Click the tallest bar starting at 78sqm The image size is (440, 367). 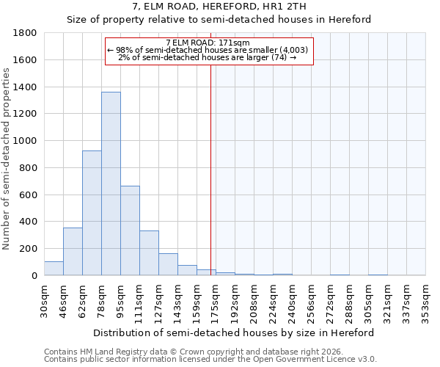(111, 183)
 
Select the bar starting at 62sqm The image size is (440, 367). (92, 213)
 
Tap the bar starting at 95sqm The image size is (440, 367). (130, 230)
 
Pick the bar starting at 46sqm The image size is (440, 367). (73, 251)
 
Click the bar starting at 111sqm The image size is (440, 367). (149, 253)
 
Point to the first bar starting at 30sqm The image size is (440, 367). (54, 268)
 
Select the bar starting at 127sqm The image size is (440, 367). (168, 264)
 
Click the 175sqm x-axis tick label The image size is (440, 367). (216, 299)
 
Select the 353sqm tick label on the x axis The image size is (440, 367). (425, 299)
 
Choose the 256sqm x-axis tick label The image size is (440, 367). (311, 299)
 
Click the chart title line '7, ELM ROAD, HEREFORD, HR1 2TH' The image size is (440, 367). (219, 7)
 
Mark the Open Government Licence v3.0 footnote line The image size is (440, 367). (210, 359)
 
